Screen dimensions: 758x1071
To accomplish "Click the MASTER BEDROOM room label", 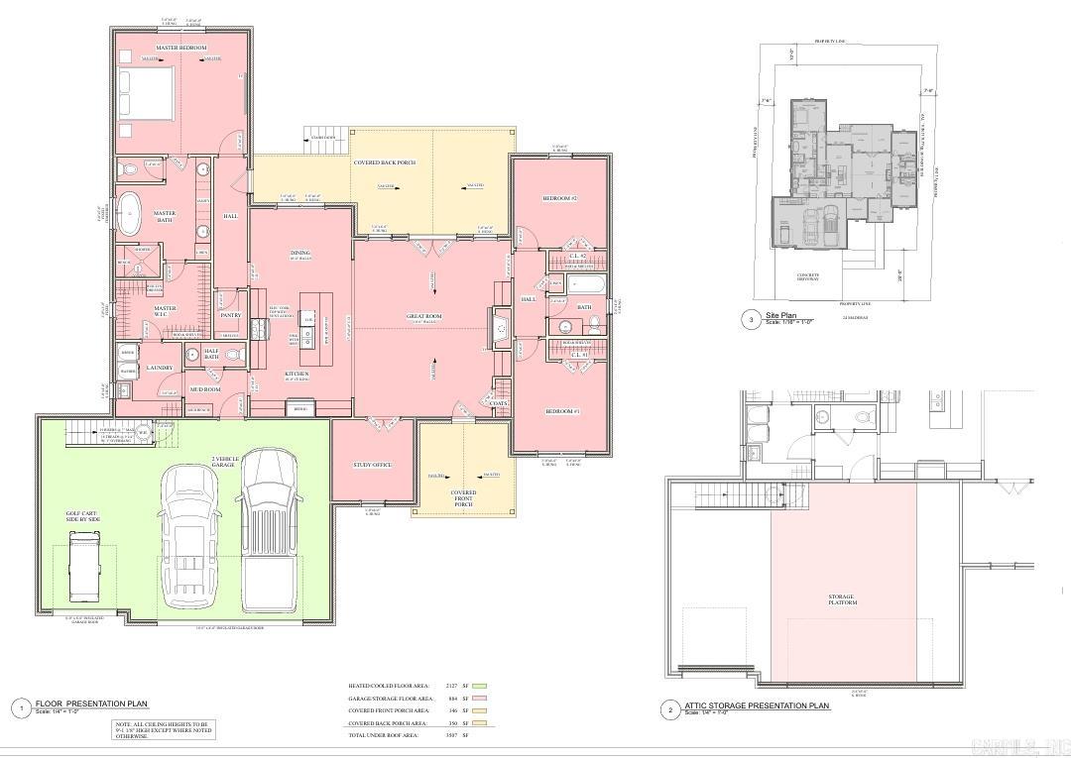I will coord(181,48).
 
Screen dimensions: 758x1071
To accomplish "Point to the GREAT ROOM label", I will coord(423,317).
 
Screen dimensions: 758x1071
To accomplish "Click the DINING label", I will coord(300,254).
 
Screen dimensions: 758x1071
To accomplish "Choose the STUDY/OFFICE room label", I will coord(373,465).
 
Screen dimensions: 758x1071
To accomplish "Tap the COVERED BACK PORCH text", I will coord(384,162).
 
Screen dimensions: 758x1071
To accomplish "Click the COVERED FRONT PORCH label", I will coord(463,497).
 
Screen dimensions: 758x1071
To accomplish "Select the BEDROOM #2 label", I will coord(559,199).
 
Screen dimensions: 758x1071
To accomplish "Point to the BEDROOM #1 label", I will coord(561,410).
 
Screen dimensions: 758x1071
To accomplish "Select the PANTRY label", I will coord(230,315).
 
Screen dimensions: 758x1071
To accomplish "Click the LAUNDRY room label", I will coord(160,368).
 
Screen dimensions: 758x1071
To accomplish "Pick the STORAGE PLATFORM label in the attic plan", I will coord(842,599).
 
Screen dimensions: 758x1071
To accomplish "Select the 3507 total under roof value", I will coord(450,735).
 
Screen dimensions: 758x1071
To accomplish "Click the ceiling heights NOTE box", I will coord(163,729).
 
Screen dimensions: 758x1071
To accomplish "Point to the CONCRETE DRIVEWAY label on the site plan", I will coord(810,277).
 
